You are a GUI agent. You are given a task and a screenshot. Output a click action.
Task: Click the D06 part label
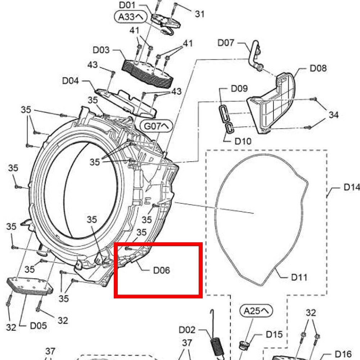click(161, 270)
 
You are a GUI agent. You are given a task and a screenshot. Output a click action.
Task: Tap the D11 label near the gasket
click(299, 278)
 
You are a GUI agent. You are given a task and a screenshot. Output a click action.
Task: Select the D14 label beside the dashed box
click(351, 187)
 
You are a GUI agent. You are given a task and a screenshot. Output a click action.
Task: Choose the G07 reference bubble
click(157, 127)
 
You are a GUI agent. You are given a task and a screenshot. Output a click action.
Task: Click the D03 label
click(101, 50)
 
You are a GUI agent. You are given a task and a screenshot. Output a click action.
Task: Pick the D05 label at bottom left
click(38, 326)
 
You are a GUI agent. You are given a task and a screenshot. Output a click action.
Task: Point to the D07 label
click(226, 43)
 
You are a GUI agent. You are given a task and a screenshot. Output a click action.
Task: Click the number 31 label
click(200, 14)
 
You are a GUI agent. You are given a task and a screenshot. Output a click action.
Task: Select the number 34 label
click(333, 115)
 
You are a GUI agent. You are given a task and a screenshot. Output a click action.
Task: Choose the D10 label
click(243, 141)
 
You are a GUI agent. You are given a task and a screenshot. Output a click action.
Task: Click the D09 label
click(239, 88)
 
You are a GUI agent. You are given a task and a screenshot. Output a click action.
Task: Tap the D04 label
click(71, 81)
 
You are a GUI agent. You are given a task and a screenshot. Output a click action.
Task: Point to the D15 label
click(274, 334)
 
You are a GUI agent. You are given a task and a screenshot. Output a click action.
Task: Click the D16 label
click(343, 354)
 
